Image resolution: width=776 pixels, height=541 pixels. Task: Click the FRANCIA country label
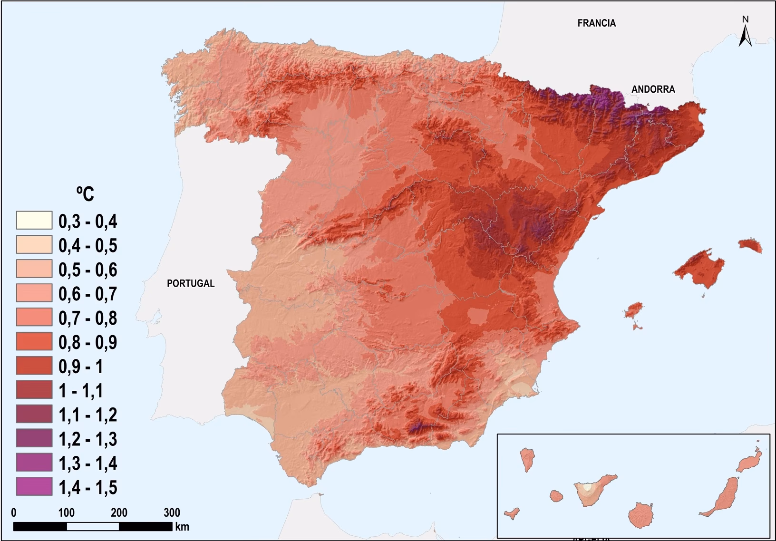596,23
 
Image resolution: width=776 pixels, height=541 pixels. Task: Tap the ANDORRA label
653,89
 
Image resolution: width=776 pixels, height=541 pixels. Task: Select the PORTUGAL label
191,283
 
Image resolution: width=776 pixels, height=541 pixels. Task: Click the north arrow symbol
745,32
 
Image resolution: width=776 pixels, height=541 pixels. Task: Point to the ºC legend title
85,194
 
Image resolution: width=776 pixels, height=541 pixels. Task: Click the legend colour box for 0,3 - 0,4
34,221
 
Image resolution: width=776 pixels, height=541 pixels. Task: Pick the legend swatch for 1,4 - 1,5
34,487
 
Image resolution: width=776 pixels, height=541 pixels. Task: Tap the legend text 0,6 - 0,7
87,294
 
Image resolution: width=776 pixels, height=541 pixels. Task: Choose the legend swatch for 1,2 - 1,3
34,438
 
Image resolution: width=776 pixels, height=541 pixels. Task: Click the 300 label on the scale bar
172,512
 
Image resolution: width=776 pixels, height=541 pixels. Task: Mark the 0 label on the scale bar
14,512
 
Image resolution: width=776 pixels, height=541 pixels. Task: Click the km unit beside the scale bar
182,527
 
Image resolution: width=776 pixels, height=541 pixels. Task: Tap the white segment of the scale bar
93,526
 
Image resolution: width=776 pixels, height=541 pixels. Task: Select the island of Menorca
750,245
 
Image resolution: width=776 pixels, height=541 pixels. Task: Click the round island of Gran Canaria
642,515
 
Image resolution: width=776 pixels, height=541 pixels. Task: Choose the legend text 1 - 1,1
80,391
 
